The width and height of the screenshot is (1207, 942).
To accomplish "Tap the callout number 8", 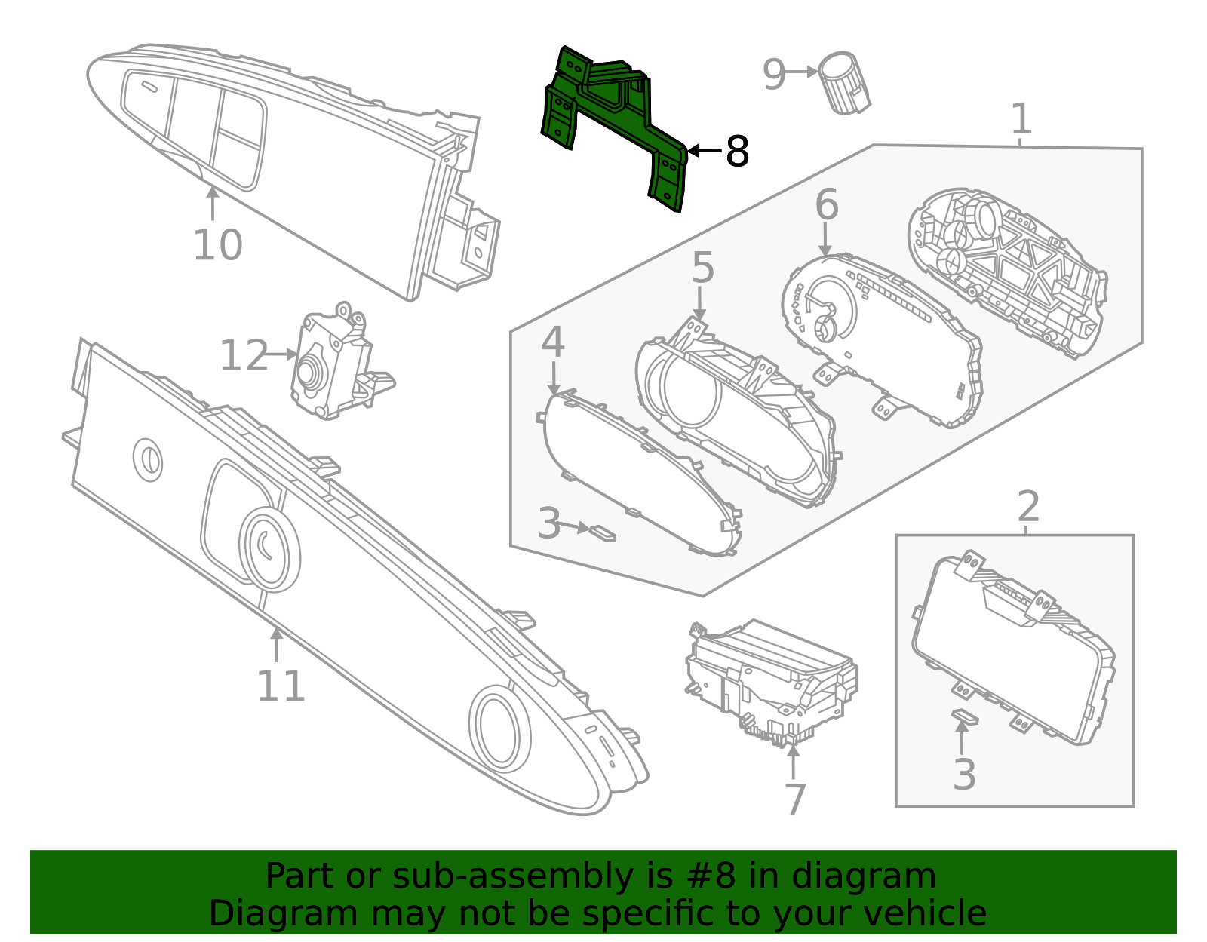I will click(736, 152).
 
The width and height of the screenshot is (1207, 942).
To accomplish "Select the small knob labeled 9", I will click(845, 83).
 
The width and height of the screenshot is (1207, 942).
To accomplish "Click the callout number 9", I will click(774, 74).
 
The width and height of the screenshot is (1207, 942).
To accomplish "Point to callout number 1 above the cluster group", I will click(1021, 119).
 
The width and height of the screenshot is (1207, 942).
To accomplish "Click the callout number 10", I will click(217, 245).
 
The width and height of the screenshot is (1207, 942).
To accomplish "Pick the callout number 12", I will click(243, 356).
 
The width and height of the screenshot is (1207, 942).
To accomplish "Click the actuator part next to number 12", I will click(332, 362).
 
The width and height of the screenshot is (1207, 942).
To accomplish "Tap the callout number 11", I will click(281, 686).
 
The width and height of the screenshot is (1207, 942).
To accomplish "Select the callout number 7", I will click(794, 799).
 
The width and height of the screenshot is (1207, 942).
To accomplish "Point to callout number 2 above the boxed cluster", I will click(1028, 507).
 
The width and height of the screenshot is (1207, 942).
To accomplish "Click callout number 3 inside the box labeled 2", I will click(964, 775).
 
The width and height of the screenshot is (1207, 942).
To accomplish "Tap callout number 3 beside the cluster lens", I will click(549, 523).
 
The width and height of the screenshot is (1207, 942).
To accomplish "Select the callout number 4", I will click(552, 342).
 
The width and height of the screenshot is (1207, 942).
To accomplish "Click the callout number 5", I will click(702, 268).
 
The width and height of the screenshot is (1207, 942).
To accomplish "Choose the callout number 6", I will click(827, 205).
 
